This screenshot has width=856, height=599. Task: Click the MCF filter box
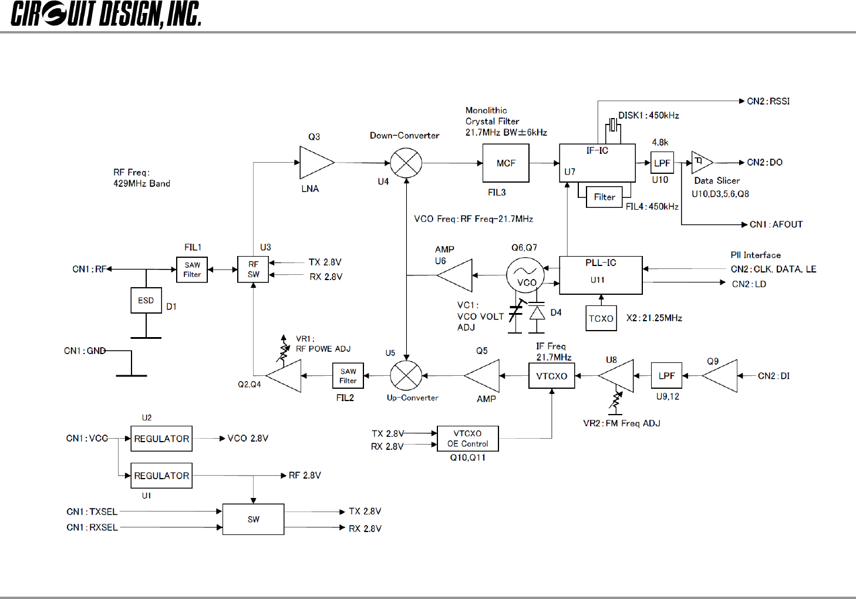(x=505, y=163)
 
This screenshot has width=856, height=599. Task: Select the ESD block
(x=146, y=301)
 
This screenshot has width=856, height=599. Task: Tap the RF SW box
(x=253, y=269)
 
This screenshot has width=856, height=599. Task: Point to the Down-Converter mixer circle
(x=406, y=163)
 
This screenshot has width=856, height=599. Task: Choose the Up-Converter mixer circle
(x=406, y=375)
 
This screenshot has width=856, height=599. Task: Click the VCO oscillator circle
(x=525, y=275)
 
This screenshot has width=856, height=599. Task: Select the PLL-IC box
(x=601, y=275)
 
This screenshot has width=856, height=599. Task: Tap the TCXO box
(x=601, y=318)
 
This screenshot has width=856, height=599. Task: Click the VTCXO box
(x=551, y=376)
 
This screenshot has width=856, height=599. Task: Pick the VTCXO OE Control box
(x=468, y=439)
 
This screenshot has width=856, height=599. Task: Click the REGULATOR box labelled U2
(x=161, y=439)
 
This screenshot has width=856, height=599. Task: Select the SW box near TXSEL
(x=253, y=519)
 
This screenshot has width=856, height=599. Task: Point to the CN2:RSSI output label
(x=768, y=101)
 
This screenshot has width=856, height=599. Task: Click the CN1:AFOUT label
(x=776, y=224)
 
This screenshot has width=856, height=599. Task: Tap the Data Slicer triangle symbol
(x=702, y=163)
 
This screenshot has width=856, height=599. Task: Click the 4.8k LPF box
(x=662, y=163)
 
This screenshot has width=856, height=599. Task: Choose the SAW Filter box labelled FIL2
(x=348, y=376)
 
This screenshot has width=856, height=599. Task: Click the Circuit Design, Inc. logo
(x=106, y=14)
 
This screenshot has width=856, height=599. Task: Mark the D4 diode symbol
(x=537, y=313)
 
